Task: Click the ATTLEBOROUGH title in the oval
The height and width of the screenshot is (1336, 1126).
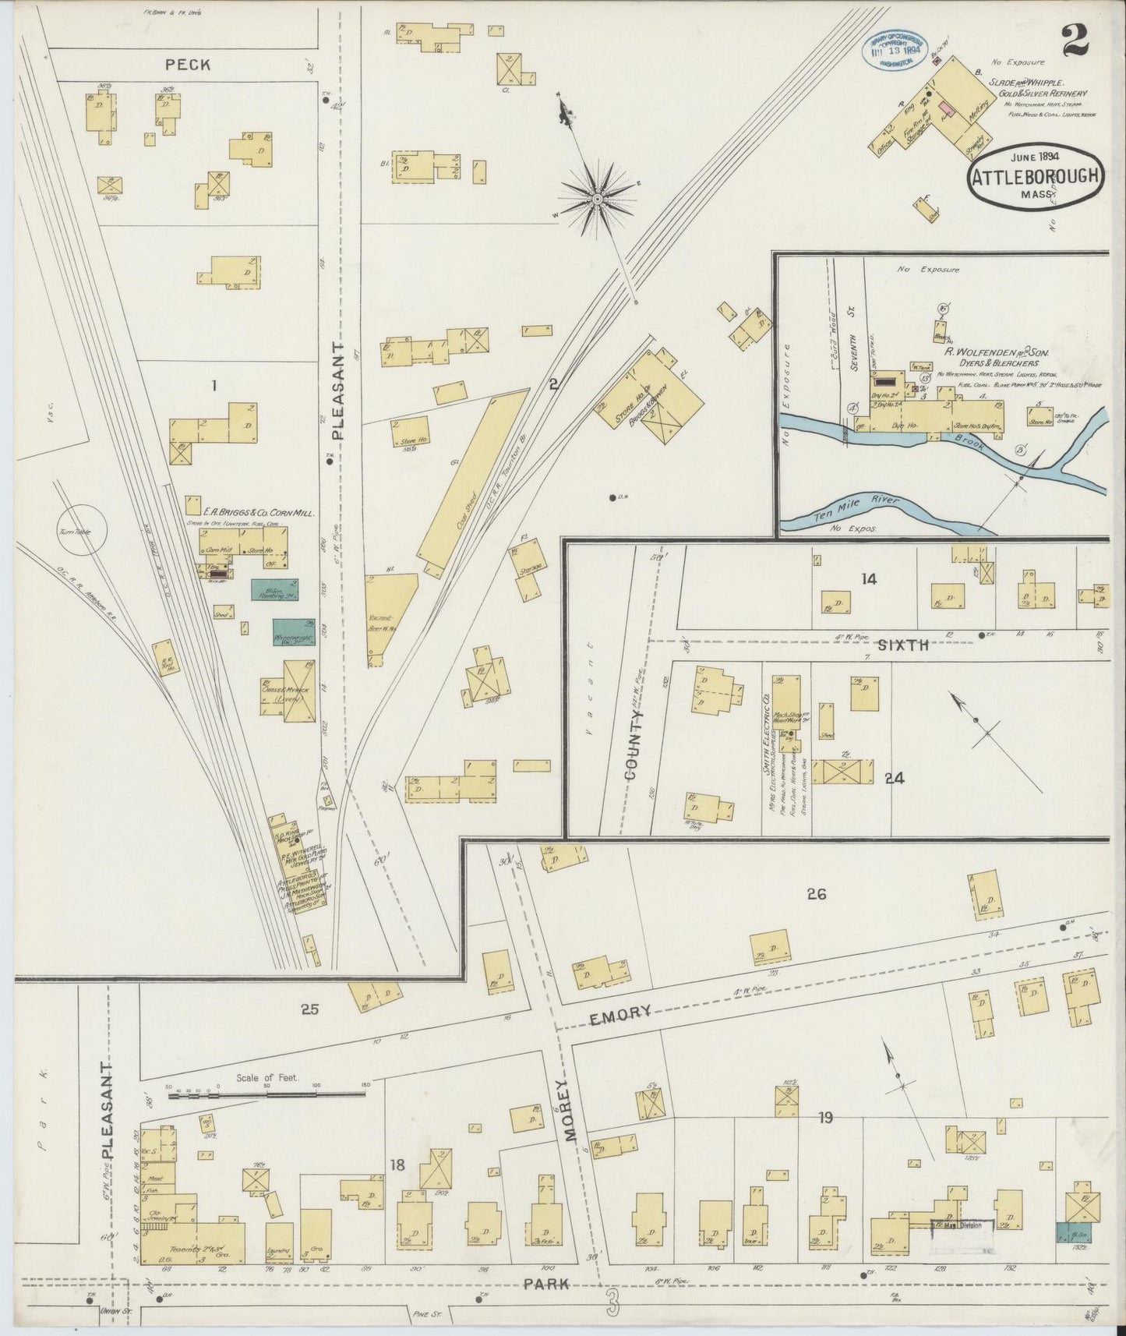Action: (1036, 177)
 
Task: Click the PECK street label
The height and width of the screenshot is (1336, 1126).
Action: (187, 65)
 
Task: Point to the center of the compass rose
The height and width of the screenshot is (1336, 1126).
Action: (597, 200)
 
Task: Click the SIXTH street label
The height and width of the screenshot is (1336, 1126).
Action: (903, 645)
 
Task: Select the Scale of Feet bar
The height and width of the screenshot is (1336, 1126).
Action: (265, 1095)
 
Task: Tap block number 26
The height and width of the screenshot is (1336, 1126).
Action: (816, 894)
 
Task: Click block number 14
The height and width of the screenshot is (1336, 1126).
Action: (869, 578)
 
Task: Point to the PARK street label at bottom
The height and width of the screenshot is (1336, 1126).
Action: (546, 1285)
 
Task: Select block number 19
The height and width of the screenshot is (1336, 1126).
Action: (825, 1118)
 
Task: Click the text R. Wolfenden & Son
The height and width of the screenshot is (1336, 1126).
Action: (996, 352)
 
